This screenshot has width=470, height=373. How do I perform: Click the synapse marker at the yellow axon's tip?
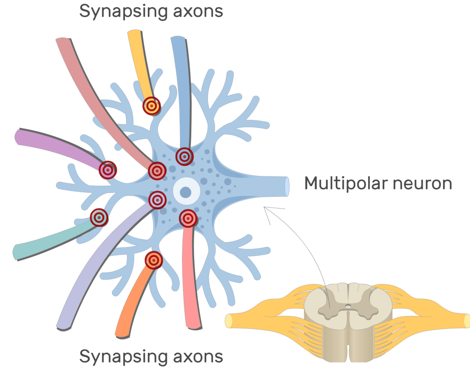tap(151, 106)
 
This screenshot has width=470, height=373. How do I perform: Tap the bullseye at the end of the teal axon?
tap(99, 217)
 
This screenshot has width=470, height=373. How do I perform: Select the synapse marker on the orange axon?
tap(154, 260)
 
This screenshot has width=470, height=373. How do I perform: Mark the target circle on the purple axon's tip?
tap(108, 170)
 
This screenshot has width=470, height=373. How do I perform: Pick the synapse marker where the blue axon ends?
tap(184, 156)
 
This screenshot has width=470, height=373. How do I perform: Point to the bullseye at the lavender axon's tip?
tap(157, 199)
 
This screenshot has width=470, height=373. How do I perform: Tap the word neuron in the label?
tap(422, 183)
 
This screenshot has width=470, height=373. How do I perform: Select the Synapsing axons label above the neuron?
tap(151, 11)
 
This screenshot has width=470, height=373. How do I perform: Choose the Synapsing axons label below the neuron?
tap(151, 356)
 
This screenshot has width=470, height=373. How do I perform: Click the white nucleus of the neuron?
tap(186, 191)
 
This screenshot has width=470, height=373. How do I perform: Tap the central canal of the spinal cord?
tap(348, 305)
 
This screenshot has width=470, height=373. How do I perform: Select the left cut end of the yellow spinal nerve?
tap(228, 320)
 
